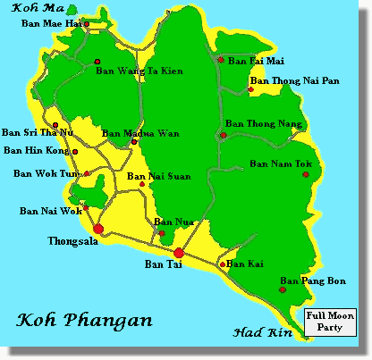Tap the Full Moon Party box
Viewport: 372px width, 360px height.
tap(329, 321)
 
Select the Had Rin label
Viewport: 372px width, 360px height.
tap(258, 333)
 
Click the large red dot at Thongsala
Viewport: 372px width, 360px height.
tap(98, 230)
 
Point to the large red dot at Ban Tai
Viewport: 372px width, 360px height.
tap(179, 253)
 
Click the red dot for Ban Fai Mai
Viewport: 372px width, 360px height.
tap(221, 60)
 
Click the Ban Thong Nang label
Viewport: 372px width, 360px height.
tap(261, 124)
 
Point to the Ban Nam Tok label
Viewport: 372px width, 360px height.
tap(280, 163)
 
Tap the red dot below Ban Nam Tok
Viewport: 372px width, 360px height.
tap(306, 175)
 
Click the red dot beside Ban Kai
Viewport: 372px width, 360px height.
tap(223, 264)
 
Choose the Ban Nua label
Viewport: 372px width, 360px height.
tap(169, 222)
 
